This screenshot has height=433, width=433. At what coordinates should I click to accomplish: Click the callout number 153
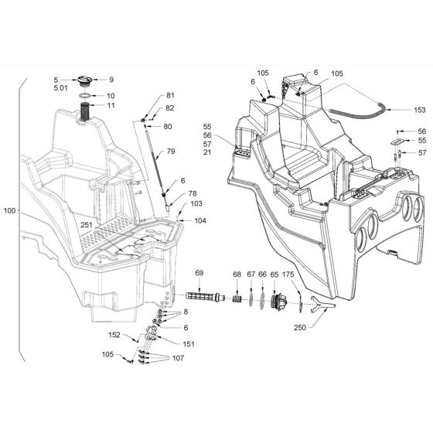click(x=419, y=110)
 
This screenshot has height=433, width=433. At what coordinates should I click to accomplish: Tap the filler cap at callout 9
click(x=84, y=80)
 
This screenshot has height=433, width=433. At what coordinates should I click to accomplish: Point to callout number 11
click(x=111, y=105)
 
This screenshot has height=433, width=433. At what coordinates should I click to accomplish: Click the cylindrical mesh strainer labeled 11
click(x=85, y=112)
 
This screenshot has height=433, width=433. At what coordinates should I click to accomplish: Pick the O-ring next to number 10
click(x=85, y=96)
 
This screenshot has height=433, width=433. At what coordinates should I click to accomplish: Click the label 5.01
click(x=61, y=88)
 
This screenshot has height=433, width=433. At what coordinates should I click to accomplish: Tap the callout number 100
click(x=9, y=210)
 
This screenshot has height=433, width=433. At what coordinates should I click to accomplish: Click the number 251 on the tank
click(x=86, y=225)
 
